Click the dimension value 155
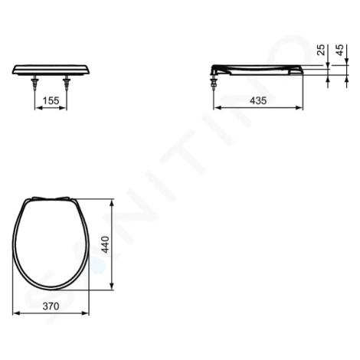(51, 101)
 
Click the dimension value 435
(258, 101)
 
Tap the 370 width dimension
(51, 306)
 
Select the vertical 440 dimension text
(106, 244)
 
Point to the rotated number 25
(321, 50)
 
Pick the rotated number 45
(340, 50)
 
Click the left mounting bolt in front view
(34, 83)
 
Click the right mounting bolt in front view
(67, 83)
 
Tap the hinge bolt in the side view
(214, 82)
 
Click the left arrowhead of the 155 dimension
(38, 108)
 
